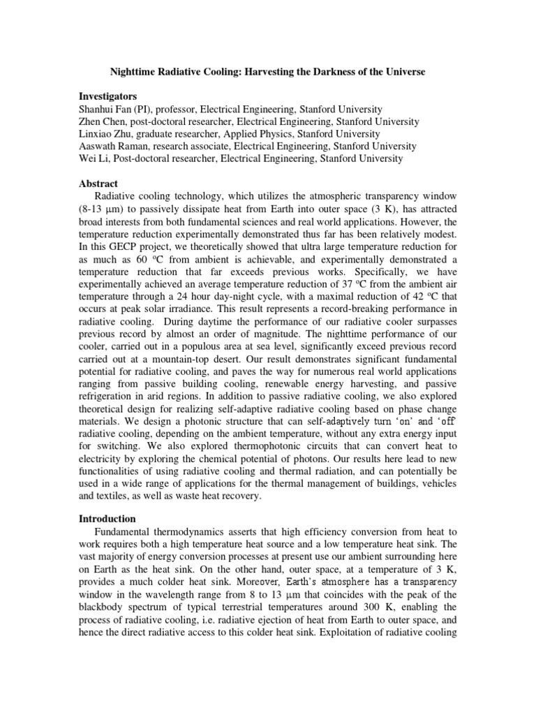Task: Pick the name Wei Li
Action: tap(94, 159)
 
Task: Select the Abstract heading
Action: tap(100, 184)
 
